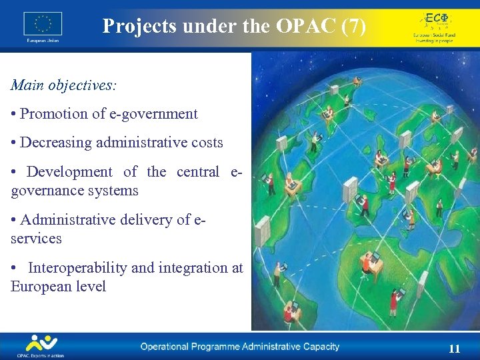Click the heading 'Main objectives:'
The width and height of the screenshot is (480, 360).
[63, 85]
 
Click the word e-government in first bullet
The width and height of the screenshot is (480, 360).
[154, 114]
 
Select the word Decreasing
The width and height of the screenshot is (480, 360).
[56, 143]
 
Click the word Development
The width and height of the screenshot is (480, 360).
[69, 171]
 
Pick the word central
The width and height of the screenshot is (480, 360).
[197, 171]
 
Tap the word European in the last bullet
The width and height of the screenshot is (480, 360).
[38, 287]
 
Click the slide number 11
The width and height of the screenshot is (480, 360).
[455, 349]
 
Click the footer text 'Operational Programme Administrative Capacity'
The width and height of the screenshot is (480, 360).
[239, 347]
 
